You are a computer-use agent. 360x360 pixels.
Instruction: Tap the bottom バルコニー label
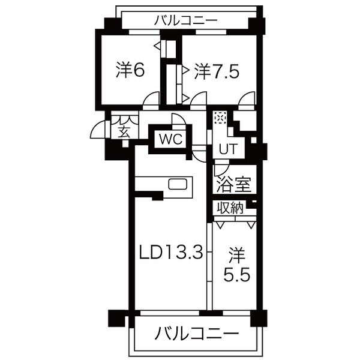(x=197, y=332)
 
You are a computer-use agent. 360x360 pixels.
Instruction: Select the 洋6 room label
(x=130, y=71)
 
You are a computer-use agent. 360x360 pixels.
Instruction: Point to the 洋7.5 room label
(x=217, y=71)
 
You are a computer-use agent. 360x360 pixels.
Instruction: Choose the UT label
(x=226, y=148)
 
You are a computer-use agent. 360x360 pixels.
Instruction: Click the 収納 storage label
(x=230, y=208)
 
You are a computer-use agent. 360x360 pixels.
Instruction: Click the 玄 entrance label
(x=124, y=131)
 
